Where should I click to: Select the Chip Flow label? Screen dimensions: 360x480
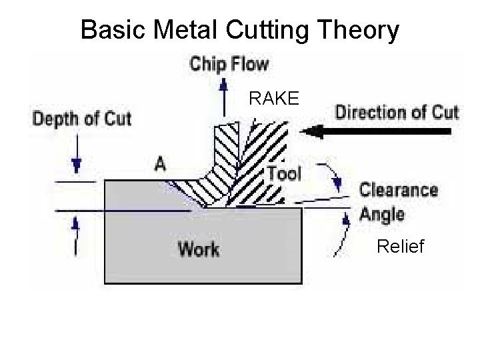(230, 65)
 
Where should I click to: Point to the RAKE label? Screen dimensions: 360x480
(275, 100)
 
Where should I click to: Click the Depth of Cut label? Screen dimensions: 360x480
(82, 120)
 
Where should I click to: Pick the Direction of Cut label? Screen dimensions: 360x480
(397, 111)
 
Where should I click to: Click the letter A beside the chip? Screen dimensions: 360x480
(160, 163)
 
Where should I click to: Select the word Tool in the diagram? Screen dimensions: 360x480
(285, 174)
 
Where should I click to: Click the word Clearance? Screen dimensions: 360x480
(399, 190)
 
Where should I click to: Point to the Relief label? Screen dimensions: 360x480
(400, 247)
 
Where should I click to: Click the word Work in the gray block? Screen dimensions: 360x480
(199, 249)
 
